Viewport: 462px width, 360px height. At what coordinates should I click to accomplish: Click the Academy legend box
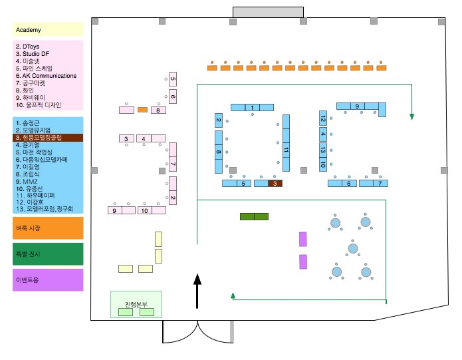coord(47,29)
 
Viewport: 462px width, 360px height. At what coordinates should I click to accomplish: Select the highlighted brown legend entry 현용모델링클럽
coord(47,137)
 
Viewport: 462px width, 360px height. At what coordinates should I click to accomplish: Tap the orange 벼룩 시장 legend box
coord(47,228)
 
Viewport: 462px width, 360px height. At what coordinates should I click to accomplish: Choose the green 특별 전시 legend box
coord(47,254)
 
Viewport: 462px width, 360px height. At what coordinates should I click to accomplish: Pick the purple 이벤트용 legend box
coord(47,279)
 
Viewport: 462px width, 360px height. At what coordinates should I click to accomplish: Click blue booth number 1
coord(252,107)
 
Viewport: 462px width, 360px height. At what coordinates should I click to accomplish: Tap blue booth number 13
coord(322,148)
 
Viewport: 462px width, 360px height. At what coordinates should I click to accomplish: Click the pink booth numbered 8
coord(158,110)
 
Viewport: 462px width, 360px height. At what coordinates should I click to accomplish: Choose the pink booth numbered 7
coord(173,164)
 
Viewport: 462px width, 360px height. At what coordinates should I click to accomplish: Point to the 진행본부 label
coord(136,305)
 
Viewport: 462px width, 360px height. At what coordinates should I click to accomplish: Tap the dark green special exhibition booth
coord(254,216)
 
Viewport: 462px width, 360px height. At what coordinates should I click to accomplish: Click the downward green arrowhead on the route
coord(412,117)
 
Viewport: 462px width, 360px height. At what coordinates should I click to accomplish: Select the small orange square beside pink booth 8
coord(142,109)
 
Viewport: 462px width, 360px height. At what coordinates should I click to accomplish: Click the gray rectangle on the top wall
coord(265,12)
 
